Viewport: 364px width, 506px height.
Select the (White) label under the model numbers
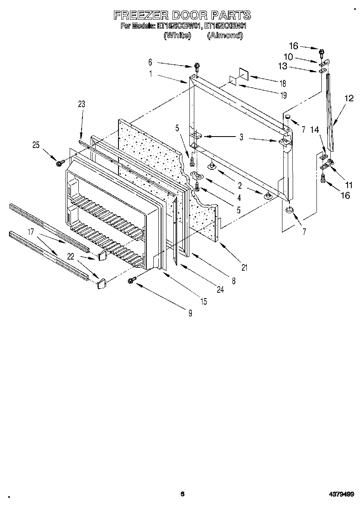(177, 36)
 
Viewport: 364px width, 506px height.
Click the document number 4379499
(341, 494)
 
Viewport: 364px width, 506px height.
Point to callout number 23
(81, 105)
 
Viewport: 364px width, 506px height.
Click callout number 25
(36, 144)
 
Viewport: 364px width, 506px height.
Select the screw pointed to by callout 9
(132, 280)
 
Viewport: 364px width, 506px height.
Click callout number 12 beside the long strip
(348, 98)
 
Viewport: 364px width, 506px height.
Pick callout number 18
(282, 83)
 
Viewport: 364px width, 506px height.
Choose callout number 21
(244, 268)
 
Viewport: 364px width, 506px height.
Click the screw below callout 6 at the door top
(197, 66)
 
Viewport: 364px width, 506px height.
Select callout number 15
(203, 301)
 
